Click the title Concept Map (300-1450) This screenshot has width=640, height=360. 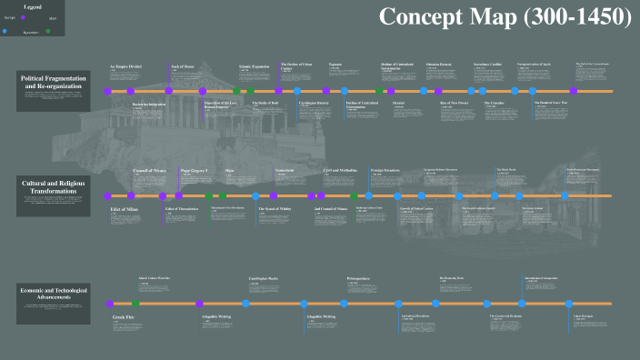coord(504,16)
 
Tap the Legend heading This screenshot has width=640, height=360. coord(33,7)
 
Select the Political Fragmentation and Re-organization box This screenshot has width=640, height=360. coord(54,92)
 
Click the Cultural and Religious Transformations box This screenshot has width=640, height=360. coord(54,196)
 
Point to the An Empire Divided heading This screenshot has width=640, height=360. coord(126,66)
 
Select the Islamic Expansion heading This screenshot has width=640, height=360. coord(254,66)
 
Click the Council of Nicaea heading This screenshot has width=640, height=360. coord(150,170)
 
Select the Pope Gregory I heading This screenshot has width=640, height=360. coord(195,170)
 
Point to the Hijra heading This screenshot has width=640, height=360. coord(229,170)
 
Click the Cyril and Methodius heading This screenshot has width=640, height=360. coord(340,170)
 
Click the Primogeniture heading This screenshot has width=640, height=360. coord(359,276)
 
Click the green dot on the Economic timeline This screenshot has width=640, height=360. coord(135,303)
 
